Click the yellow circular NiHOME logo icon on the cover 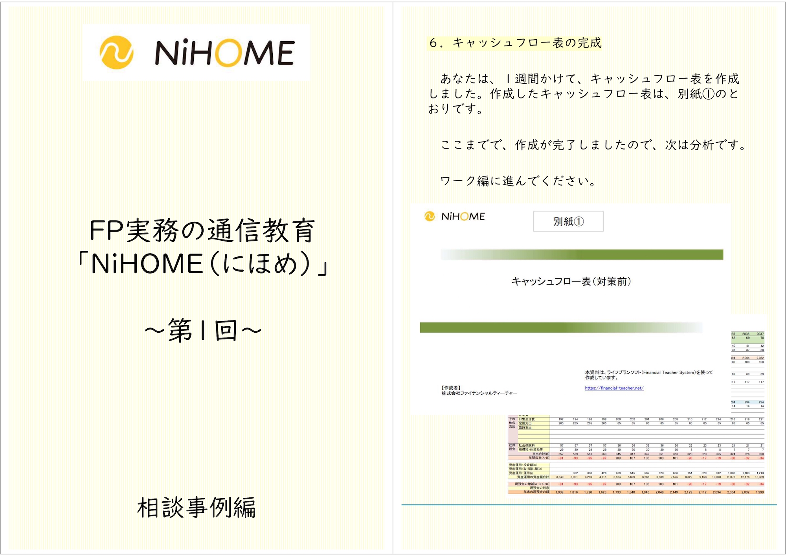pos(116,53)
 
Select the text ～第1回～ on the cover pos(203,331)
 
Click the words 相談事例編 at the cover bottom pos(196,508)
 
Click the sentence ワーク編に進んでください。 pos(518,181)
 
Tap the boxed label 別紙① pos(568,222)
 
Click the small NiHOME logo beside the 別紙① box pos(455,216)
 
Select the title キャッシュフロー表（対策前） pos(571,282)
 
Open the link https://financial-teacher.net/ pos(614,388)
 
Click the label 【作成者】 pos(451,388)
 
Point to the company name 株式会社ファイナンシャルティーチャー pos(479,393)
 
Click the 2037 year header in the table pos(760,334)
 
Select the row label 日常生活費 pos(527,419)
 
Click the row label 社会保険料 pos(527,446)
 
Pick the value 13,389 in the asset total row pos(759,477)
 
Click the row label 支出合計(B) pos(541,454)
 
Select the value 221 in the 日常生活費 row pos(761,419)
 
